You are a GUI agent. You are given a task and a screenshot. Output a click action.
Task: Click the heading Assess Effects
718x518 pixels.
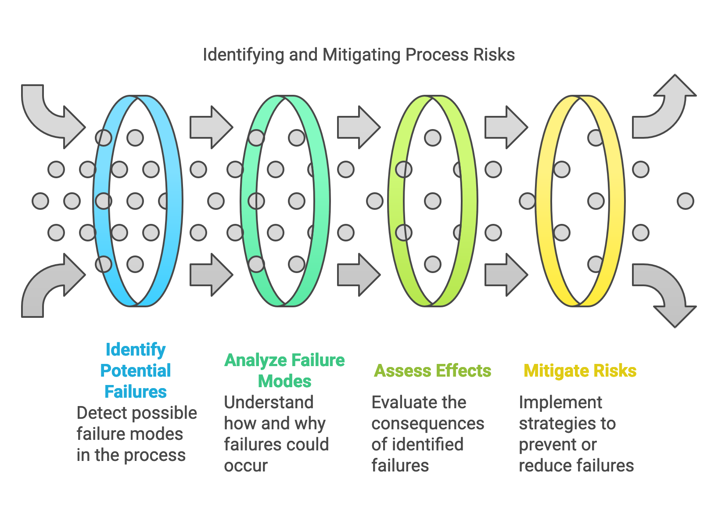tap(432, 371)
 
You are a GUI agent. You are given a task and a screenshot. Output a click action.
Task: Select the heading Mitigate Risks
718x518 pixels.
tap(580, 371)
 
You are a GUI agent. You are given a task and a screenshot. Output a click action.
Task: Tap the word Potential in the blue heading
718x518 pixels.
tap(135, 371)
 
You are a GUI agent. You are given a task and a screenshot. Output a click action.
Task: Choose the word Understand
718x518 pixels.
tap(269, 403)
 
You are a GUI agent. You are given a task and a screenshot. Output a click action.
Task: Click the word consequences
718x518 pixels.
tap(427, 424)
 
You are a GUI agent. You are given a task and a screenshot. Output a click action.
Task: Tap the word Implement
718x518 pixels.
tap(560, 403)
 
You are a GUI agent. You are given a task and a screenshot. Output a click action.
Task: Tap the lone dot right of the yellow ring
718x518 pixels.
tap(685, 201)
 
